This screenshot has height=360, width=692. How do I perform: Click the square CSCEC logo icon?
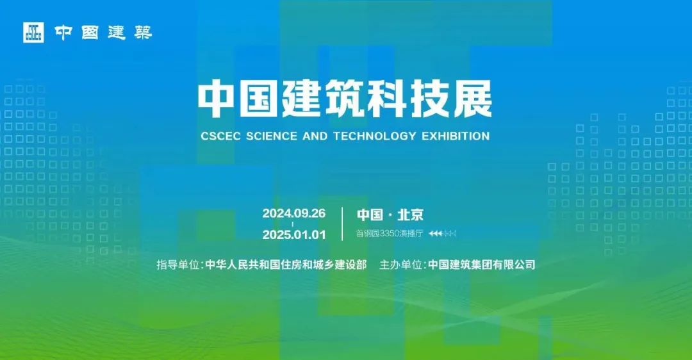coord(33,32)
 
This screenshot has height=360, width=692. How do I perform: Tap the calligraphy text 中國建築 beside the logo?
coord(103,32)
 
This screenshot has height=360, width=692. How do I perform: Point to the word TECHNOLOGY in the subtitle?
coord(375,136)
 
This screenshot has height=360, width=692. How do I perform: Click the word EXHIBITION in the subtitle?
coord(456,136)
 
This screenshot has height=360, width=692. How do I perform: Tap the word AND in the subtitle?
coord(315,136)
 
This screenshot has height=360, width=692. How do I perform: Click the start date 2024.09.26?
coord(294,213)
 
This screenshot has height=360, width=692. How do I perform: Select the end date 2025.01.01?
coord(294,234)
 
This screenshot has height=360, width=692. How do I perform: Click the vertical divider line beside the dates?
coord(342,224)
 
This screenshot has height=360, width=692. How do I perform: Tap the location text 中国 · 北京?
coord(390,215)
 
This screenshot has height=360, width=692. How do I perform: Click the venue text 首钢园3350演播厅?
coord(390,233)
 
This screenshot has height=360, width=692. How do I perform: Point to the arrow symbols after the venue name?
coord(442,233)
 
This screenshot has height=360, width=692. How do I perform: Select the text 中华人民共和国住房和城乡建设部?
coord(286,265)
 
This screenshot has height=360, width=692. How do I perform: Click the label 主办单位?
coord(400,265)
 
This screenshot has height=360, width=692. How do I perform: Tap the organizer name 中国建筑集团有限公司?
coord(482,265)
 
